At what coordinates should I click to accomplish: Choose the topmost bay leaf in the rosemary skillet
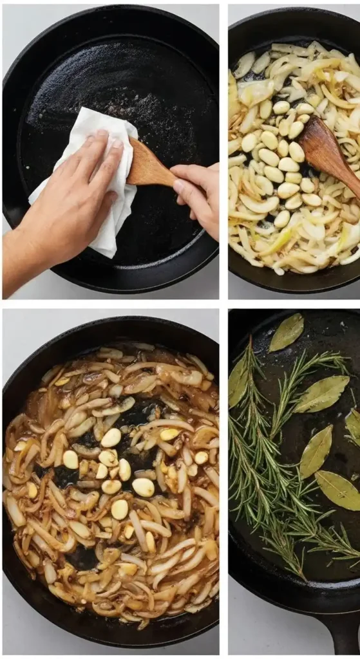pos(287,332)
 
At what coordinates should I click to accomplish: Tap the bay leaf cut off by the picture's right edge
pos(353,425)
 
